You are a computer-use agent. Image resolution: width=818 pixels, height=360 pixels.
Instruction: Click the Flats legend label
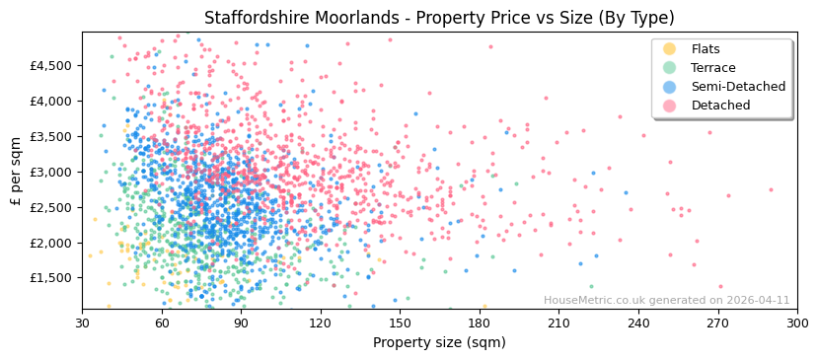pos(706,49)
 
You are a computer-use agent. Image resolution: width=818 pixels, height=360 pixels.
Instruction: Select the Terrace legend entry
pos(712,68)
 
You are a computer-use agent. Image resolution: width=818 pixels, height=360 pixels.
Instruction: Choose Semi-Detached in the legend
pos(738,87)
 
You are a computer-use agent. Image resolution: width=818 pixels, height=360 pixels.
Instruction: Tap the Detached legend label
pos(720,106)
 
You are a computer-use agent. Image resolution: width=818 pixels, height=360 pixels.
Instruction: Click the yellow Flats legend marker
pos(670,49)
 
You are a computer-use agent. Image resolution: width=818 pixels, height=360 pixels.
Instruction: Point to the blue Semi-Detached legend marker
pos(670,87)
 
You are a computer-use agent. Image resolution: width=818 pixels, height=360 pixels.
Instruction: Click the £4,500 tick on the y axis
pos(50,65)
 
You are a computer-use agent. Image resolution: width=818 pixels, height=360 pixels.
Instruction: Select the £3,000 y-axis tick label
pos(50,172)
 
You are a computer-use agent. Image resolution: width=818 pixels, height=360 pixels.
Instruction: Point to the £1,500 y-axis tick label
pos(50,278)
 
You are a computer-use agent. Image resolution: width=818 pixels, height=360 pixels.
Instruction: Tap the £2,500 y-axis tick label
pos(50,207)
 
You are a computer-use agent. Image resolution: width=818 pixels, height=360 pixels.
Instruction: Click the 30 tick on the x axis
pos(82,324)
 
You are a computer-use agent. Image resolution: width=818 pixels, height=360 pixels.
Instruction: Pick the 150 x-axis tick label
pos(400,324)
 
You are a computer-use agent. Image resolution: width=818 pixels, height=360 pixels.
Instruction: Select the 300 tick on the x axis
pos(797,324)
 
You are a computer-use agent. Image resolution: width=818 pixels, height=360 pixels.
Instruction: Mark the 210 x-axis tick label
pos(558,324)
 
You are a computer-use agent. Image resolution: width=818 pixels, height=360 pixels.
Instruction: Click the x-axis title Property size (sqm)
pos(439,343)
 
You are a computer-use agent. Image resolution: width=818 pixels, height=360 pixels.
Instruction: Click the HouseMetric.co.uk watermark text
pos(666,301)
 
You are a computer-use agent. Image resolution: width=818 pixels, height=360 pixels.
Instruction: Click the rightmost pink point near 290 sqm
pos(771,189)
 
